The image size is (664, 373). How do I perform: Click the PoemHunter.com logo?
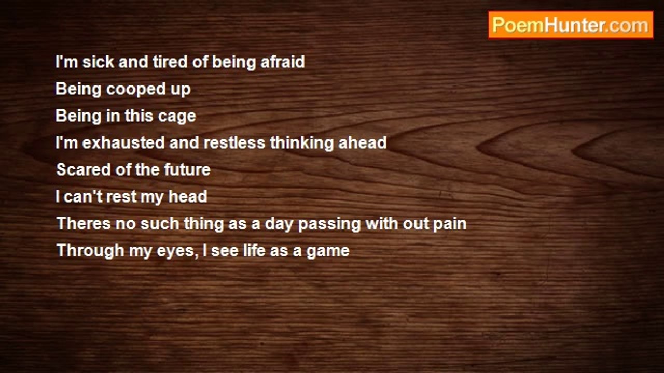571,25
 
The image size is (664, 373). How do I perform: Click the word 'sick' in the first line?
98,62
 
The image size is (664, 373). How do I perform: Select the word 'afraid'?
283,62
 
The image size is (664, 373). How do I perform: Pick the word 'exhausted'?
123,142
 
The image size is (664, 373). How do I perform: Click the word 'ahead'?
363,142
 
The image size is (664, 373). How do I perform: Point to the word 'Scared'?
84,169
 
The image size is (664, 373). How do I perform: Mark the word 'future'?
187,169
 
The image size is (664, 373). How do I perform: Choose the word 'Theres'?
84,223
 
